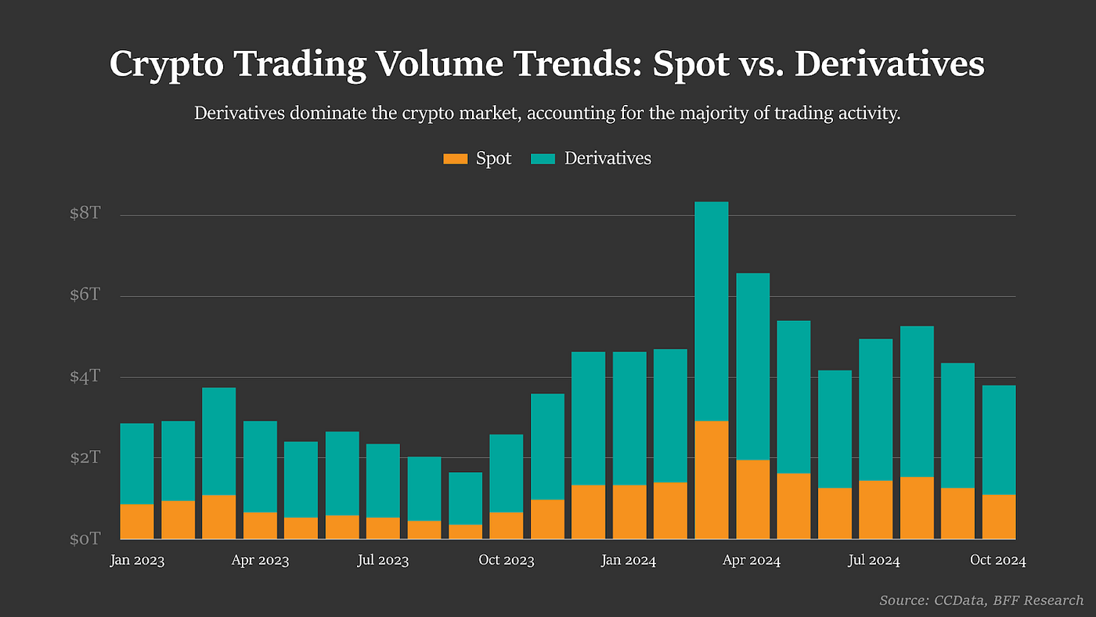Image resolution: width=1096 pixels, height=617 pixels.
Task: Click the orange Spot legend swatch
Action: pyautogui.click(x=455, y=159)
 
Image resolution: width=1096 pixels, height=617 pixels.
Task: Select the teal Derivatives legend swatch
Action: pyautogui.click(x=543, y=159)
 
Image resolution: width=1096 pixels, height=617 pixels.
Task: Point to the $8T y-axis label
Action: pyautogui.click(x=85, y=214)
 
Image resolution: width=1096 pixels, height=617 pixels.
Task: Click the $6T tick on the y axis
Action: pyautogui.click(x=85, y=295)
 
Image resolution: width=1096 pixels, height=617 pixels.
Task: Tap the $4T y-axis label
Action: pyautogui.click(x=85, y=377)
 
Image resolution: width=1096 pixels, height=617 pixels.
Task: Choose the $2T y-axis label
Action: pyautogui.click(x=85, y=457)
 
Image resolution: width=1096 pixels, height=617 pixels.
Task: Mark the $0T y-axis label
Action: pyautogui.click(x=85, y=539)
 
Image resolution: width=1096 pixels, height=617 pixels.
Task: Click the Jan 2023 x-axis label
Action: pyautogui.click(x=137, y=561)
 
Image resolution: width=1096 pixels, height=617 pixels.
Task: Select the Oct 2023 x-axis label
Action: pyautogui.click(x=506, y=561)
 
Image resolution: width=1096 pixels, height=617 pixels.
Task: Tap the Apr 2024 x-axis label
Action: pyautogui.click(x=752, y=561)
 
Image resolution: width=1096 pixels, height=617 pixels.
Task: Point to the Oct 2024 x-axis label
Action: pyautogui.click(x=997, y=561)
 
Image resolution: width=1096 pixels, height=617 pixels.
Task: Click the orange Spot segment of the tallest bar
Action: pyautogui.click(x=711, y=479)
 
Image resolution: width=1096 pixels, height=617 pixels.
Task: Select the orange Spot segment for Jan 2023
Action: pyautogui.click(x=137, y=521)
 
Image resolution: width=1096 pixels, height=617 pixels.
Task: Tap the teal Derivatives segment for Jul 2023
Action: pyautogui.click(x=383, y=480)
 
